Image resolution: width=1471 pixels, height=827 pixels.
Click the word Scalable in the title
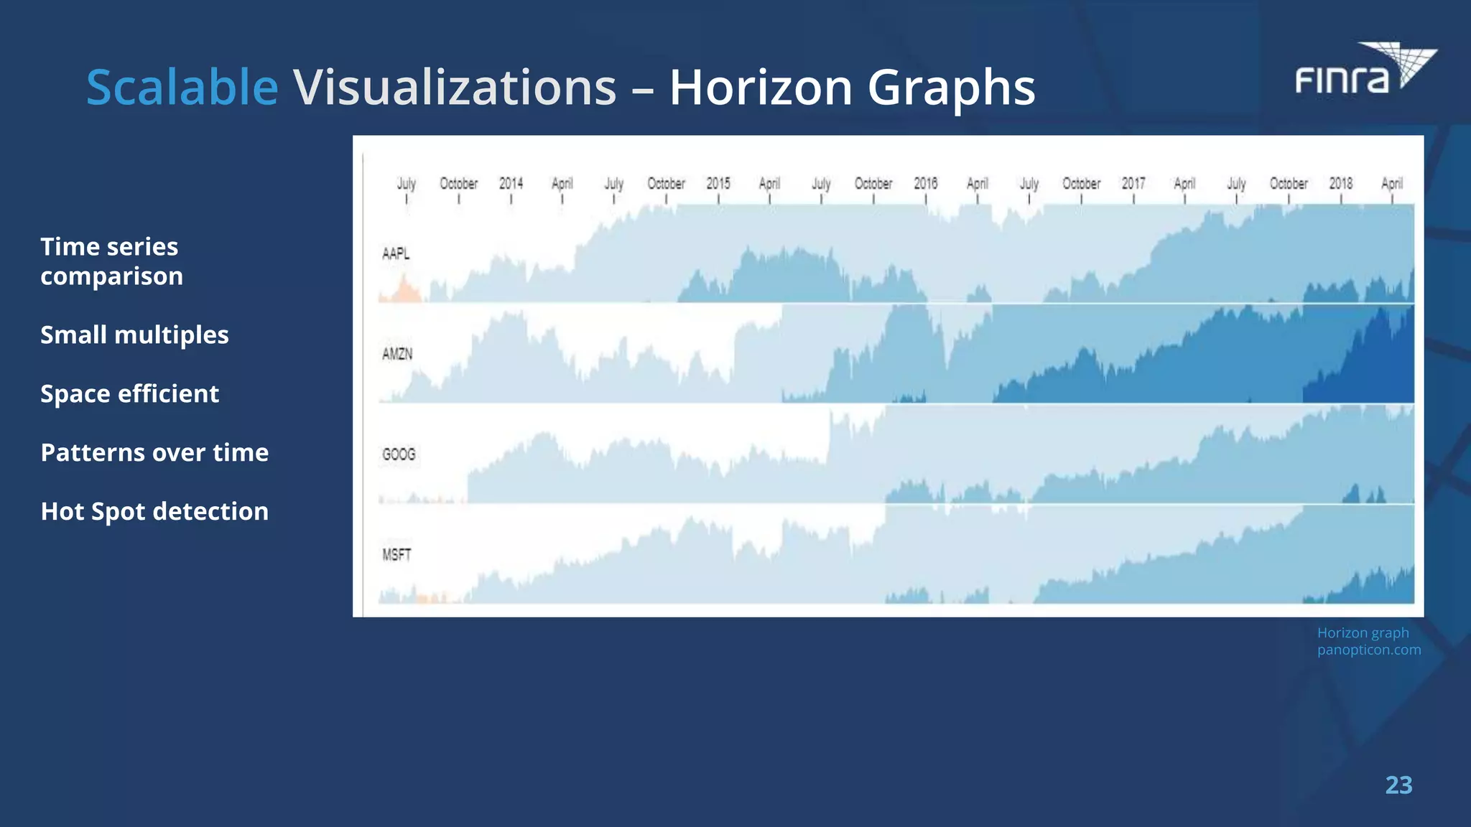[x=182, y=88]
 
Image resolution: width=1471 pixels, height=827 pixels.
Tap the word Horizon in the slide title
[x=761, y=88]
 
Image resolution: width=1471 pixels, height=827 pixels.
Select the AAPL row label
[x=396, y=253]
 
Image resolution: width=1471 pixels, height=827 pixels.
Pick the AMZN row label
[x=397, y=354]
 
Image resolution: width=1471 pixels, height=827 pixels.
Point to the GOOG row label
[x=399, y=454]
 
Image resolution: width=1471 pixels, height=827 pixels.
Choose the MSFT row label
[x=396, y=555]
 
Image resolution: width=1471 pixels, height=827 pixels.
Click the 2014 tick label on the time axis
[x=511, y=184]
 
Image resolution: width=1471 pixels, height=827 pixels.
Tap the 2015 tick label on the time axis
[x=718, y=184]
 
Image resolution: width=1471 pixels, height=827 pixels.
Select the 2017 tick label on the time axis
[x=1133, y=184]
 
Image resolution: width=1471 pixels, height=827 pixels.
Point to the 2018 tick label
[x=1341, y=184]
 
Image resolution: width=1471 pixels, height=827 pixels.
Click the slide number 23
[x=1398, y=785]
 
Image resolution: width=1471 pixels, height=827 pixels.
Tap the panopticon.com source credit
[x=1369, y=650]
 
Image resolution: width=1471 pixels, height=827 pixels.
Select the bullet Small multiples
[x=134, y=335]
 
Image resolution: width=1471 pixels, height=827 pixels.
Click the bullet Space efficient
[x=129, y=393]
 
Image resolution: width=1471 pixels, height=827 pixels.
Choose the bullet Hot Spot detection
[x=154, y=511]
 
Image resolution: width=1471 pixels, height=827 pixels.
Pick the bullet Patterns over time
[x=154, y=452]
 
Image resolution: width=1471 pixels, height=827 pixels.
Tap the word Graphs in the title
[x=951, y=88]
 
